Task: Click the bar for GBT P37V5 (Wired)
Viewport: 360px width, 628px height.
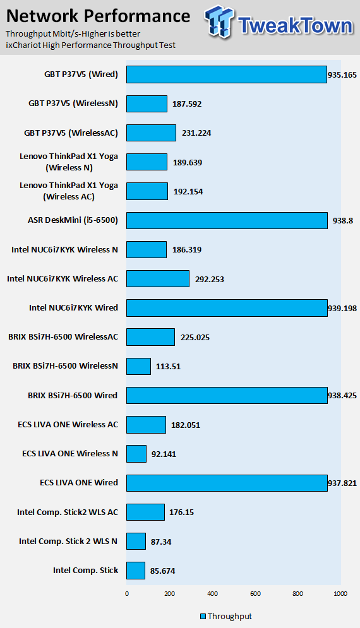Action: point(227,74)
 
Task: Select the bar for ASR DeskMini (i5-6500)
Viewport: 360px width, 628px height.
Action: point(227,220)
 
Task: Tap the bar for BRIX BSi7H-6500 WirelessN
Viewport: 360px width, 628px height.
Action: point(139,366)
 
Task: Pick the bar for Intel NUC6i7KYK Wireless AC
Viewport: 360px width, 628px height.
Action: point(158,279)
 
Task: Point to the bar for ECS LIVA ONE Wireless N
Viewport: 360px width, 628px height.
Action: point(136,454)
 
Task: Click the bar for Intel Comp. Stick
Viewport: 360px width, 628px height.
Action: point(136,571)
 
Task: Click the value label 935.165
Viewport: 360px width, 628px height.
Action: point(342,75)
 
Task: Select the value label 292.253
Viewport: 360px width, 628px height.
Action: point(210,279)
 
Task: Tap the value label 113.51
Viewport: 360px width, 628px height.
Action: point(168,367)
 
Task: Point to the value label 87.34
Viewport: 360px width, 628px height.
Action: point(161,542)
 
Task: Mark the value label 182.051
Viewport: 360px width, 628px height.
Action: point(186,425)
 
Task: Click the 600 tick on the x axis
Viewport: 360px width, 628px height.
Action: point(255,593)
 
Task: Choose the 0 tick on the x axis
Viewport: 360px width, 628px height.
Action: point(127,593)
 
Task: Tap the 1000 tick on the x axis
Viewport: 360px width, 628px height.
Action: point(340,593)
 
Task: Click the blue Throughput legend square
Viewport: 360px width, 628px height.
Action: point(203,617)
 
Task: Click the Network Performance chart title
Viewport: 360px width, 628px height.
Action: point(99,16)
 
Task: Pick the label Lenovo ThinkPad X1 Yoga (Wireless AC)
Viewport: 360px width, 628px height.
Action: point(69,191)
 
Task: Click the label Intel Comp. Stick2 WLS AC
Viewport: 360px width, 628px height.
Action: point(68,512)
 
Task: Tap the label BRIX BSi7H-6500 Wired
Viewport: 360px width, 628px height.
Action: point(73,395)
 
